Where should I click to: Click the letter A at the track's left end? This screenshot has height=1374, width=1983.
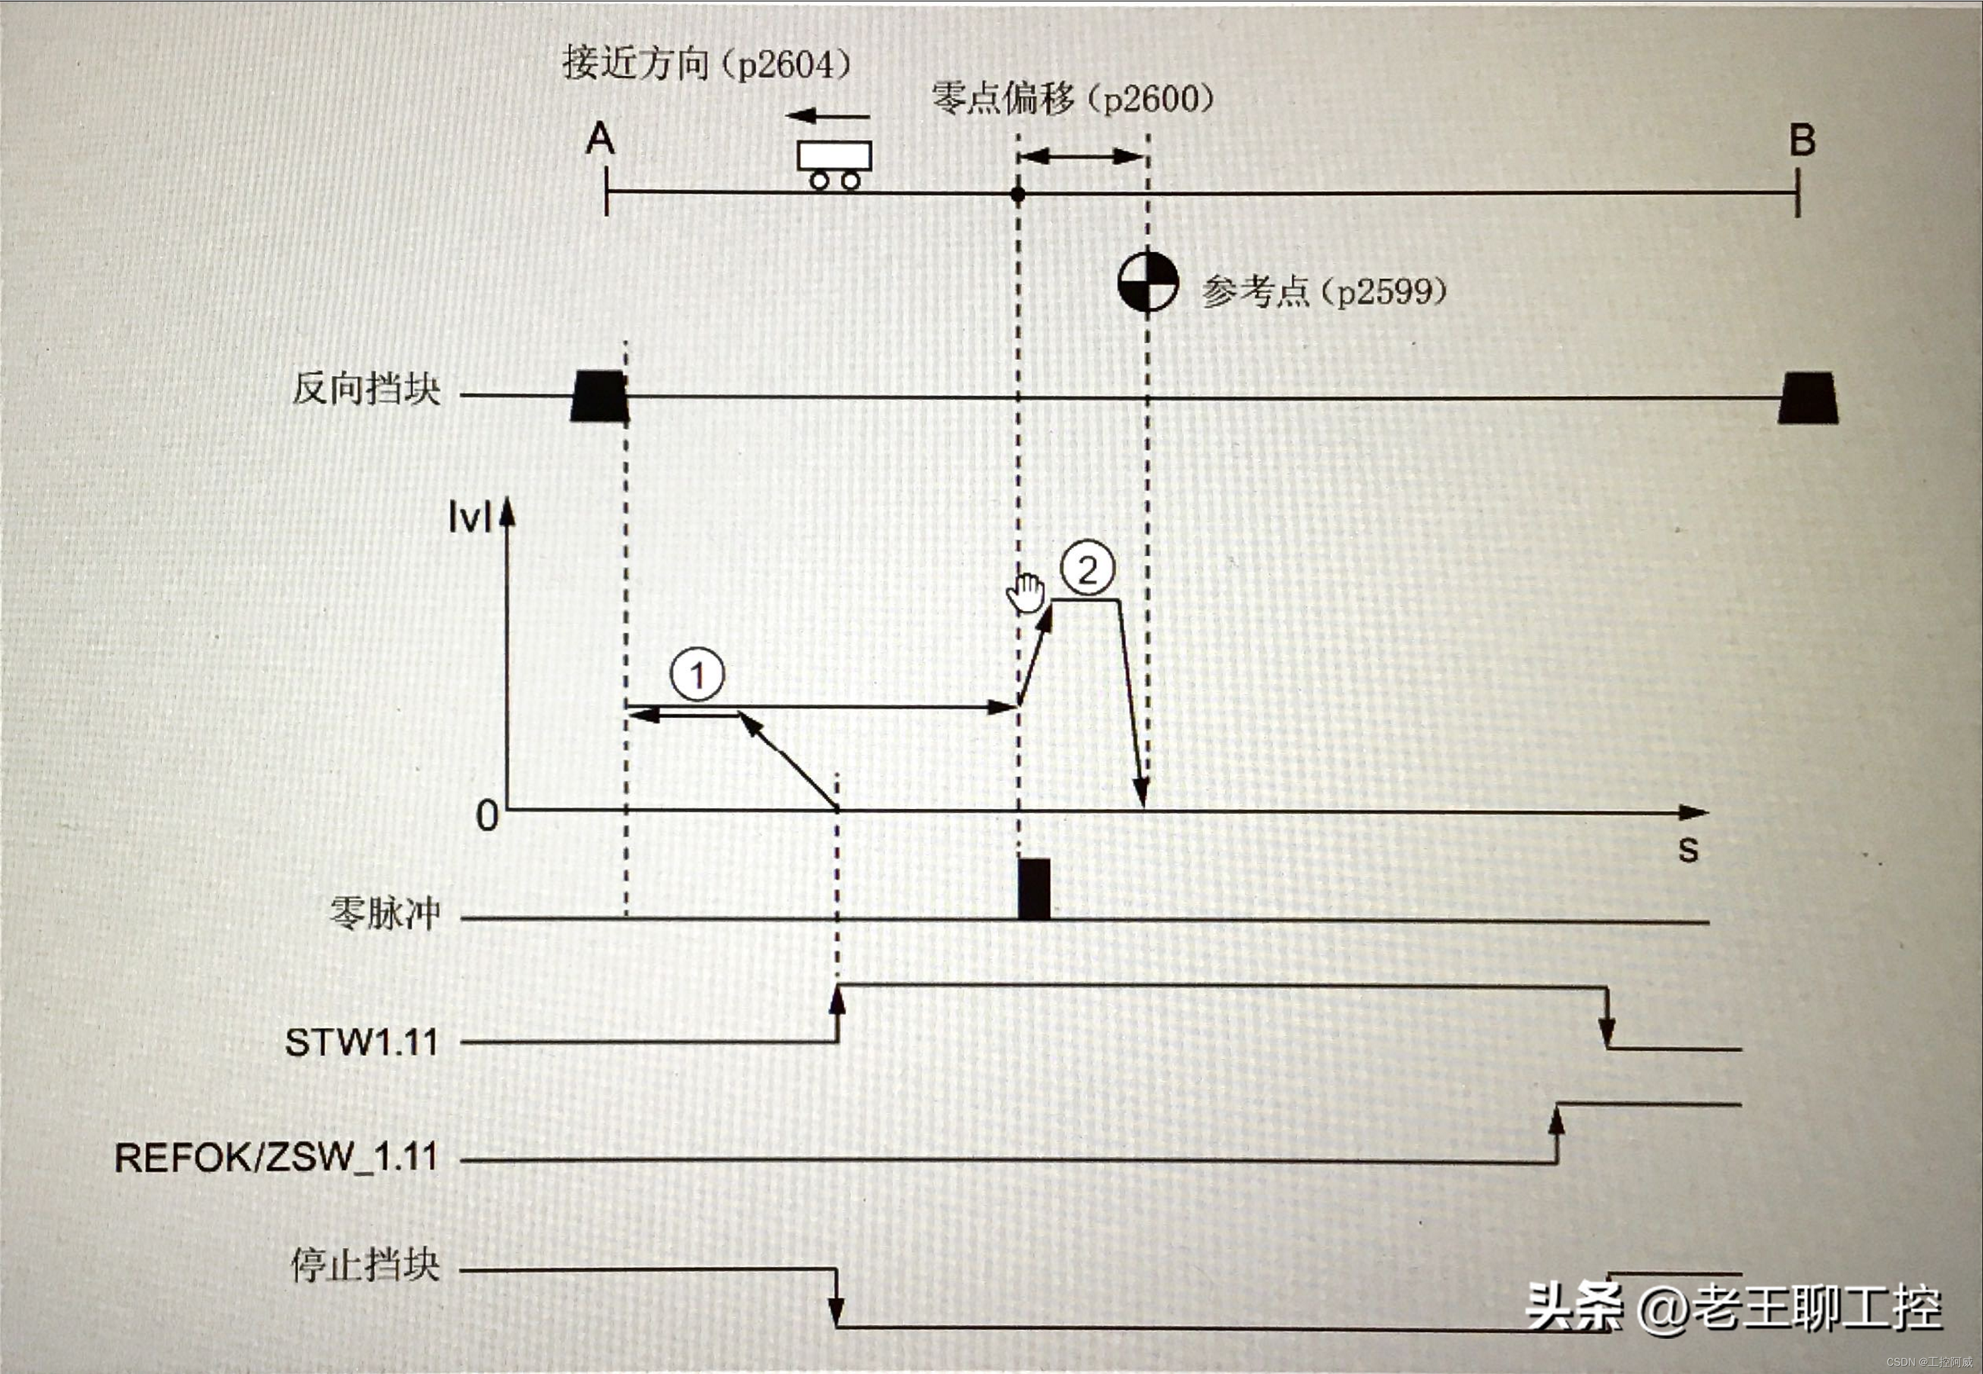click(600, 139)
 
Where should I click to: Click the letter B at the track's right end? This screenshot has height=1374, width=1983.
click(1802, 140)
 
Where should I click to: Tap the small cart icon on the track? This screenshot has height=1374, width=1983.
click(834, 163)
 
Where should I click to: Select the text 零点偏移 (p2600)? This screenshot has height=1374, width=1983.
click(1073, 99)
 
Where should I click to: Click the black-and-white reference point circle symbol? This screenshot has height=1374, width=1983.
click(1148, 282)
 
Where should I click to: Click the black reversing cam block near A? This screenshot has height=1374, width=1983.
click(599, 396)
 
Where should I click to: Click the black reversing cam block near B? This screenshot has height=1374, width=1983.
click(1808, 398)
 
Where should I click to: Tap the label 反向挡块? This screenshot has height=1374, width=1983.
click(367, 389)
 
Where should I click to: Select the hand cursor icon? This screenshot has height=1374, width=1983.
click(1026, 593)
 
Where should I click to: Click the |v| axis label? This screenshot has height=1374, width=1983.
click(469, 519)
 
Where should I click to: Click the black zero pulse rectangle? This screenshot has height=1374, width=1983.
click(1034, 889)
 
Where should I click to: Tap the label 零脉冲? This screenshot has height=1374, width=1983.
click(385, 913)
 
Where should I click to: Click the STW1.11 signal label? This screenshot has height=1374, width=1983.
click(362, 1043)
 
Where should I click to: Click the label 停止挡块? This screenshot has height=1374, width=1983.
click(366, 1265)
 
